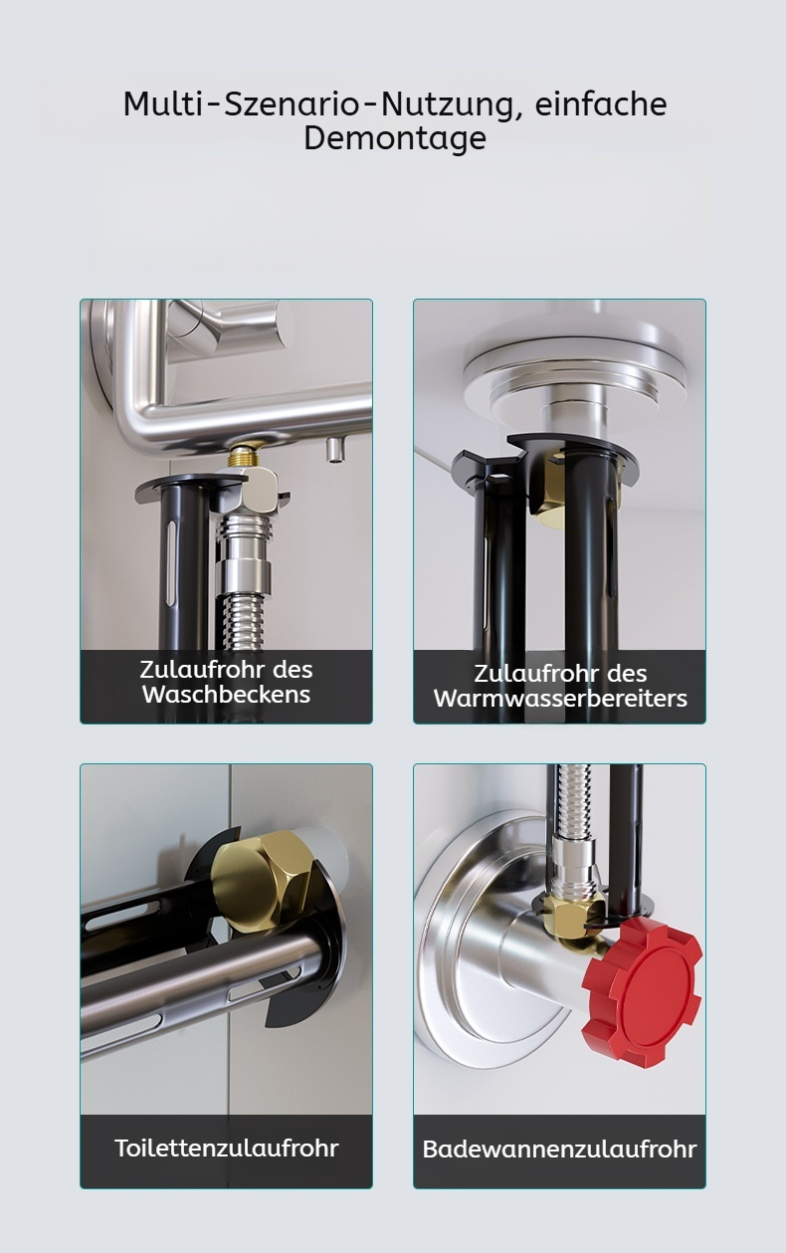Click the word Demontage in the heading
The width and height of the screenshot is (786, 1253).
click(x=395, y=137)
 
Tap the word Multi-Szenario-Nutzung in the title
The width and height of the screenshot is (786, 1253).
click(x=318, y=105)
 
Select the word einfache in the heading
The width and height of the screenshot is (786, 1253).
click(x=601, y=104)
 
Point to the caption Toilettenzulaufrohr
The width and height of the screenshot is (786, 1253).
click(x=227, y=1148)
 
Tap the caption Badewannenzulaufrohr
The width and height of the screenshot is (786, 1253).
click(x=559, y=1149)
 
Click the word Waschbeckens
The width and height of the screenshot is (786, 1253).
click(x=227, y=695)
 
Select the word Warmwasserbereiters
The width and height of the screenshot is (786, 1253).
click(x=560, y=698)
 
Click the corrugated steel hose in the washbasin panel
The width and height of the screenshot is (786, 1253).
click(x=244, y=621)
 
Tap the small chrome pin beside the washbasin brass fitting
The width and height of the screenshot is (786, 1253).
click(x=334, y=450)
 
